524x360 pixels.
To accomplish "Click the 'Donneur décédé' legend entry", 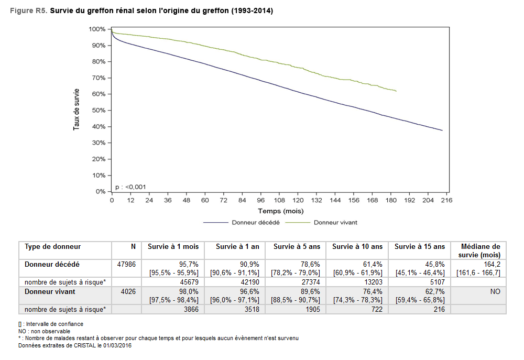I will [256, 222].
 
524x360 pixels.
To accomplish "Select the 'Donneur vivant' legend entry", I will [335, 222].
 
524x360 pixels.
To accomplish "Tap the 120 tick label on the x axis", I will [298, 200].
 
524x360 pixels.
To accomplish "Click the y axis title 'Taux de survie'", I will [77, 110].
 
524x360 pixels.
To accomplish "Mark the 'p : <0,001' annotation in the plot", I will [130, 187].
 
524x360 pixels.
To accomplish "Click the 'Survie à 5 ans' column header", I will [296, 246].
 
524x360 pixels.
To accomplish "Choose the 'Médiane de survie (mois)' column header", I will [479, 250].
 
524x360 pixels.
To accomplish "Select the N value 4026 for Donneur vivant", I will [128, 292].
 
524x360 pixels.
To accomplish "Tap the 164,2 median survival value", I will [491, 265].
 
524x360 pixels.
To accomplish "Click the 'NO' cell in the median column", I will [495, 292].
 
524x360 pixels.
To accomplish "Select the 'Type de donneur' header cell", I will [53, 246].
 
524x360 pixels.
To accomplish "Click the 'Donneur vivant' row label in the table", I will [50, 292].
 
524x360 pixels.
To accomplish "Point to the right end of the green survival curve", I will [397, 91].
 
